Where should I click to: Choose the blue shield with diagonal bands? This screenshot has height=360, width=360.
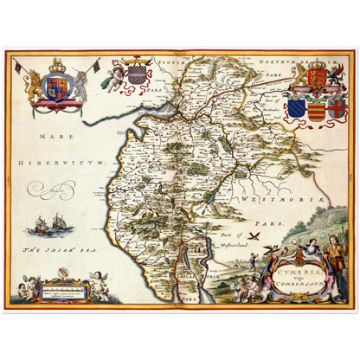(296, 108)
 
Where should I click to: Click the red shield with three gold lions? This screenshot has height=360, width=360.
(316, 80)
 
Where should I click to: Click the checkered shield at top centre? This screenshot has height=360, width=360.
(136, 74)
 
